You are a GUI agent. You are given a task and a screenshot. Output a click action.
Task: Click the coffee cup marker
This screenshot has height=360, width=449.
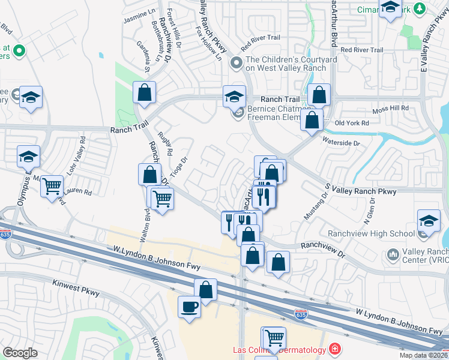pyautogui.click(x=190, y=307)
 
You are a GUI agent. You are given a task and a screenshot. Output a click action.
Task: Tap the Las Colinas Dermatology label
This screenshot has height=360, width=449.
pyautogui.click(x=279, y=350)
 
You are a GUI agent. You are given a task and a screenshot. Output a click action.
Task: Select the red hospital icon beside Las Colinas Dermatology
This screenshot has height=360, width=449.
pyautogui.click(x=334, y=349)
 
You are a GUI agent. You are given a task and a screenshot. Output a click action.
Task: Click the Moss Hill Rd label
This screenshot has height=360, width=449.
pyautogui.click(x=390, y=109)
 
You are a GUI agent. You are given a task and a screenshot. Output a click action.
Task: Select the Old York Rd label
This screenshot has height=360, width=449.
pyautogui.click(x=351, y=124)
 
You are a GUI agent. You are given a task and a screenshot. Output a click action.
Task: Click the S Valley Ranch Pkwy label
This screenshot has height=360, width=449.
pyautogui.click(x=360, y=191)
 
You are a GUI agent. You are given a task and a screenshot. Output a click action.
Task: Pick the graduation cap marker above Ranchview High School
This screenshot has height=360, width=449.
pyautogui.click(x=429, y=221)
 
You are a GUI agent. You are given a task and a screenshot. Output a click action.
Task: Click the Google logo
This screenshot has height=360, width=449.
pyautogui.click(x=20, y=353)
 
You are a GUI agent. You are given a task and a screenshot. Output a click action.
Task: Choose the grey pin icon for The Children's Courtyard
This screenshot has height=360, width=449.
pyautogui.click(x=237, y=62)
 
